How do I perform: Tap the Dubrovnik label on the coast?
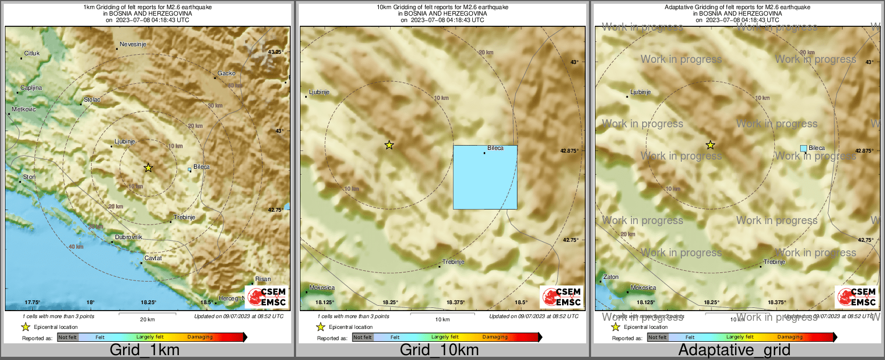point(128,237)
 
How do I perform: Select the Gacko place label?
point(227,74)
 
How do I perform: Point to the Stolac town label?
point(92,100)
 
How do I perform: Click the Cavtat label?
point(153,258)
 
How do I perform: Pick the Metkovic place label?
point(24,110)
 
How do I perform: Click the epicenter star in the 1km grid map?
point(148,168)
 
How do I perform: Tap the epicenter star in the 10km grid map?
point(389,145)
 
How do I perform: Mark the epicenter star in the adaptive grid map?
point(710,145)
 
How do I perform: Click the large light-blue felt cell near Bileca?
point(485,177)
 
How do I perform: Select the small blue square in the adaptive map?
point(803,148)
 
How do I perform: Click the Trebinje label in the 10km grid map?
point(453,262)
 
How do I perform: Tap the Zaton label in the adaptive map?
point(611,277)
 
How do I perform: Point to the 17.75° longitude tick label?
point(32,303)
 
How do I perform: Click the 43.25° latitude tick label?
point(275,52)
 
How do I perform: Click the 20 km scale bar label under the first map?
point(147,320)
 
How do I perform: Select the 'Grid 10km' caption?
point(439,350)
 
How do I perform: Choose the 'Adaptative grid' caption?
point(734,350)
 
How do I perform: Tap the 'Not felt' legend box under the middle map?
point(363,337)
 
